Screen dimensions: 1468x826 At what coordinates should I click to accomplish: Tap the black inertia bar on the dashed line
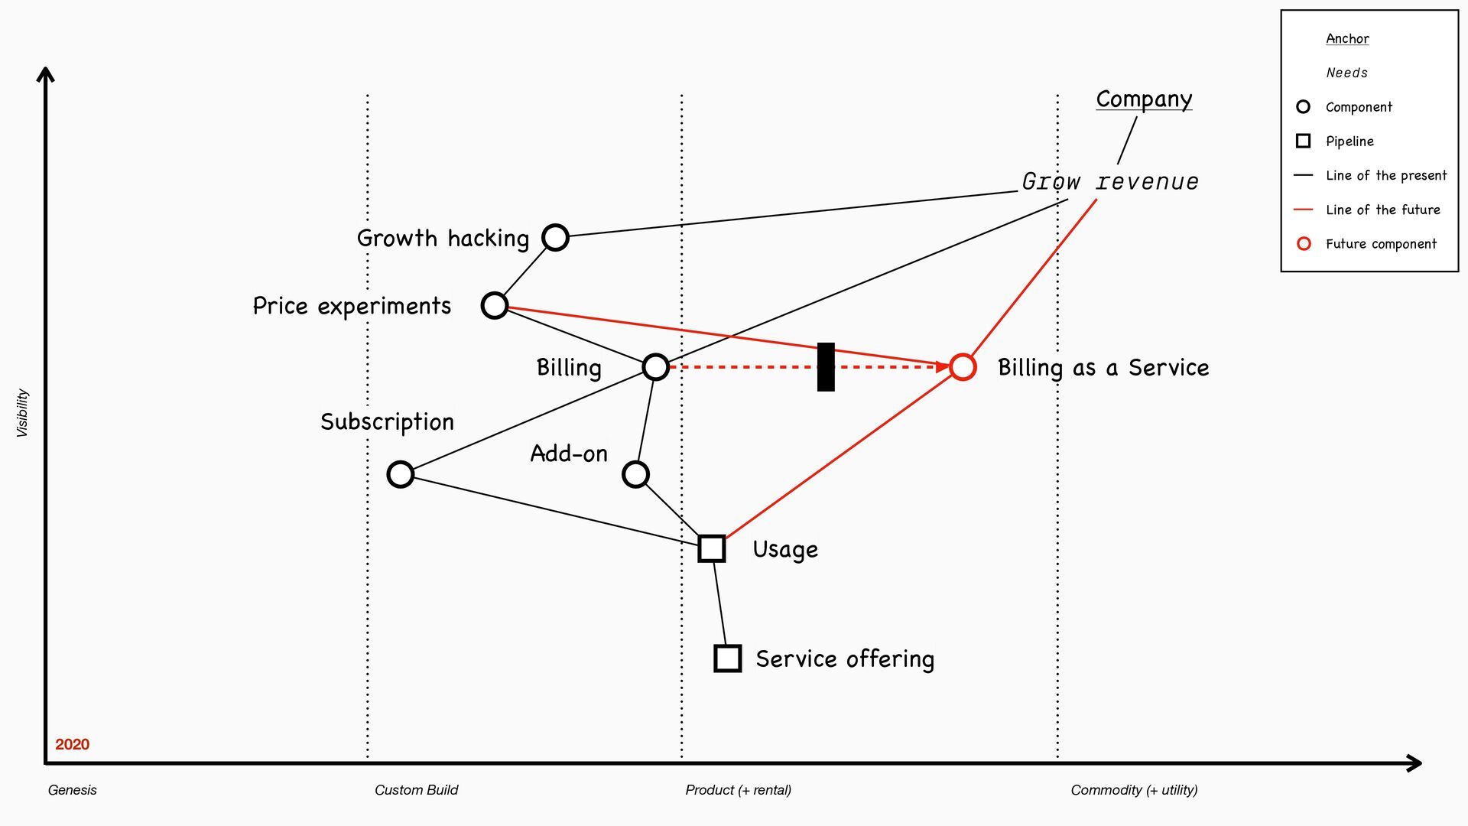click(826, 367)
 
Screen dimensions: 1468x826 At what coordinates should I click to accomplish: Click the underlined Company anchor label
click(1144, 99)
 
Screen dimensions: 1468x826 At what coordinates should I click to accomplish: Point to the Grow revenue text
click(1110, 182)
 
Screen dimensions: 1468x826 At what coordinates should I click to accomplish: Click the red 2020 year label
click(72, 744)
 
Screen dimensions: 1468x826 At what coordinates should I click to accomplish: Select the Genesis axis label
click(72, 790)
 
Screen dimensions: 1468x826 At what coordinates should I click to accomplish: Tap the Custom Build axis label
click(416, 790)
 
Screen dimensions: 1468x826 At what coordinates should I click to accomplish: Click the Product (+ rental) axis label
click(738, 790)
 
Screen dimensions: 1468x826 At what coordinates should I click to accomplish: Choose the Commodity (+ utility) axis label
click(1134, 790)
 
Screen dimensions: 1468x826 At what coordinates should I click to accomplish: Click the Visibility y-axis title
click(22, 413)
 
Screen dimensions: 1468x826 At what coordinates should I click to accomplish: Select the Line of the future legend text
click(1382, 210)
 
